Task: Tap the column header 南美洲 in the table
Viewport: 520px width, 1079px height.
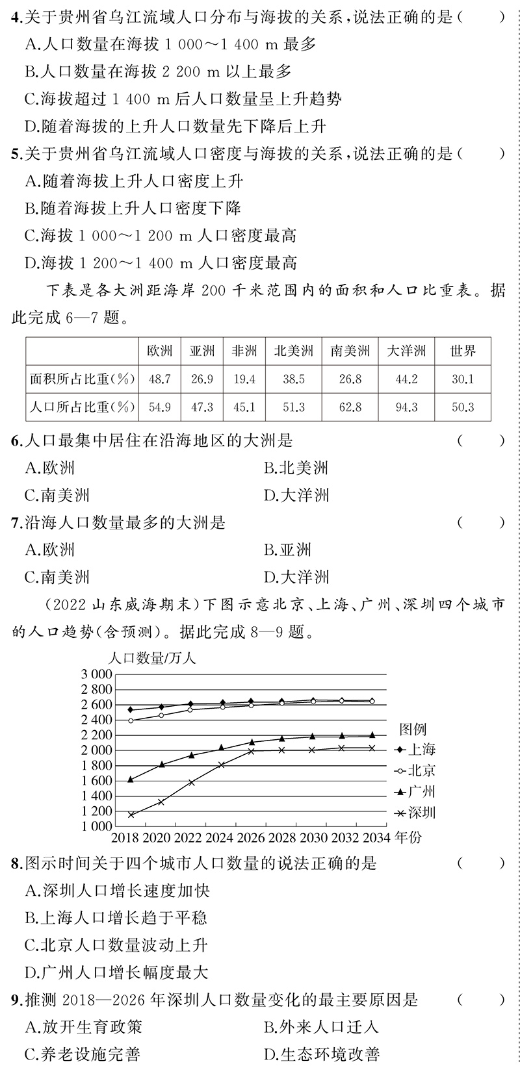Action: (x=350, y=351)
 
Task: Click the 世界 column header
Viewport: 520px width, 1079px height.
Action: (x=463, y=351)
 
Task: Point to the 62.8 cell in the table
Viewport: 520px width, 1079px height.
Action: (x=350, y=407)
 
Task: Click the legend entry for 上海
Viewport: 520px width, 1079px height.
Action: (x=416, y=750)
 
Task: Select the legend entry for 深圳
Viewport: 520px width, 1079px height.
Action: (x=416, y=813)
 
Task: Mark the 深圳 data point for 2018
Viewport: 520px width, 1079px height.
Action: (x=131, y=815)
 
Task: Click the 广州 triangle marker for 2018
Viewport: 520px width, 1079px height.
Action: (x=131, y=779)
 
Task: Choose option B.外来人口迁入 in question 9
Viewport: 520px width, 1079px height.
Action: (x=321, y=1027)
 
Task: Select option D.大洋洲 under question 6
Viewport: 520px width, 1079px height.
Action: (x=296, y=496)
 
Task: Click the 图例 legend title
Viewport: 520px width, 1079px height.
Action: (x=413, y=729)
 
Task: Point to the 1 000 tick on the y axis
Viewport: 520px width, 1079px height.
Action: (x=97, y=826)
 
